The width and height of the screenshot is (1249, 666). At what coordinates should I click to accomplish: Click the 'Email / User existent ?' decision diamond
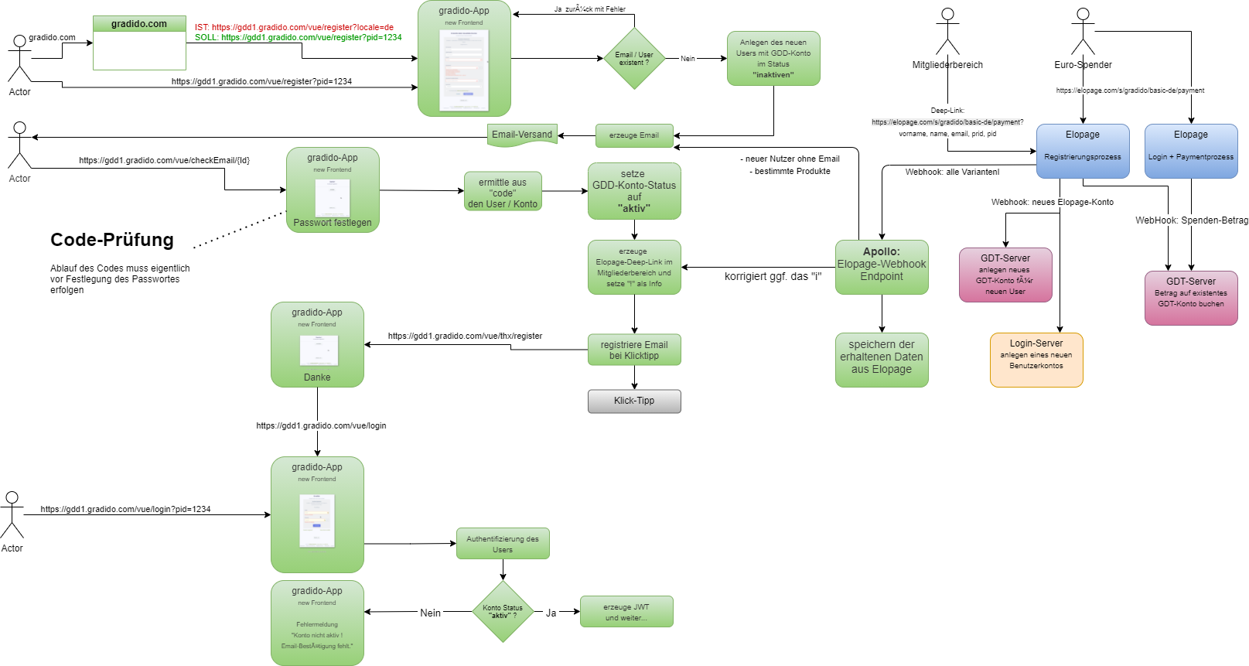(x=634, y=59)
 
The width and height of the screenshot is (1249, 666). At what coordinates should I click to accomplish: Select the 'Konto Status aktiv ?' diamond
(x=503, y=611)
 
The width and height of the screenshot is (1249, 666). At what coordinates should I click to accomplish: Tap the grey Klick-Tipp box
(x=634, y=401)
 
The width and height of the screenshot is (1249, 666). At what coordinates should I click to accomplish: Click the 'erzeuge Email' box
(x=634, y=135)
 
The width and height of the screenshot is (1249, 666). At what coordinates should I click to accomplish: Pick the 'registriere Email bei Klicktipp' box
(x=634, y=350)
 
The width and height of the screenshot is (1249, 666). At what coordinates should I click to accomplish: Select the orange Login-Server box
(x=1036, y=360)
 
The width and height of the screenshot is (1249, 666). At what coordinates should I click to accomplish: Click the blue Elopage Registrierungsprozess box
(x=1083, y=151)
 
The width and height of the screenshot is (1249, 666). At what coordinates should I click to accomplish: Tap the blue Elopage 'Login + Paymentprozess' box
(x=1191, y=151)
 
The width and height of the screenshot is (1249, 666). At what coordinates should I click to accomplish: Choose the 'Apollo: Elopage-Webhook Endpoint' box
(x=882, y=267)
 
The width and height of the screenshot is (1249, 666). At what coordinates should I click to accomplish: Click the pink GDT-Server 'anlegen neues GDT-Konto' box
(x=1005, y=275)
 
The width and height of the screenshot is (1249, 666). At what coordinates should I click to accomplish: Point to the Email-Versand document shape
(x=522, y=135)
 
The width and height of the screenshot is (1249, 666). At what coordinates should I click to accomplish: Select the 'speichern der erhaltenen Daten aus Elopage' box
(x=882, y=360)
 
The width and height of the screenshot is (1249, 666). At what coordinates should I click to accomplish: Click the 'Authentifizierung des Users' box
(x=503, y=544)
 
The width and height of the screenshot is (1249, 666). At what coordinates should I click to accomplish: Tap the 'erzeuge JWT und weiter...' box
(x=626, y=612)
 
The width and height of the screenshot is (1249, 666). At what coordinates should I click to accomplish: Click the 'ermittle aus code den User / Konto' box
(x=503, y=192)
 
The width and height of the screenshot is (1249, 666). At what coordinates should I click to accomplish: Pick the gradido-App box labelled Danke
(x=317, y=344)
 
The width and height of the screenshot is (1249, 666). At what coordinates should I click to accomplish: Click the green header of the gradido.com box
(x=139, y=24)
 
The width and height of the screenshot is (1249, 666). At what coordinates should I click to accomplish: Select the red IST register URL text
(x=294, y=27)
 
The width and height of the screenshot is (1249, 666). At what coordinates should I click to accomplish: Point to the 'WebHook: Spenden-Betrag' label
(x=1191, y=220)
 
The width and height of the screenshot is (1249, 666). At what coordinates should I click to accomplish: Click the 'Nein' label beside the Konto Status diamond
(x=430, y=613)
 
